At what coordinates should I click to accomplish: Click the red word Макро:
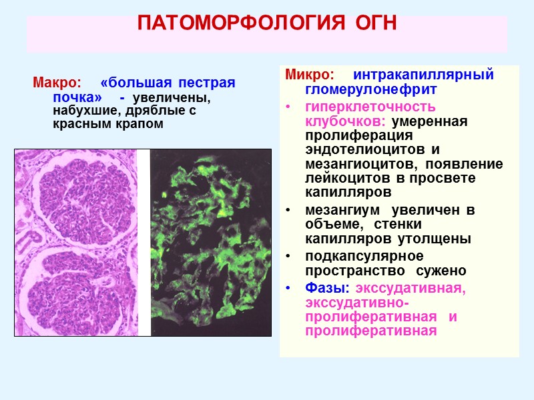[x=57, y=83]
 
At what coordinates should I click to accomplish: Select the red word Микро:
[x=310, y=75]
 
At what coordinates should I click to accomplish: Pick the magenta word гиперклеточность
[x=360, y=107]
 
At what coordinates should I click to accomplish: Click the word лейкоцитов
[x=344, y=179]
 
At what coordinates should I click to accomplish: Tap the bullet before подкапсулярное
[x=288, y=257]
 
